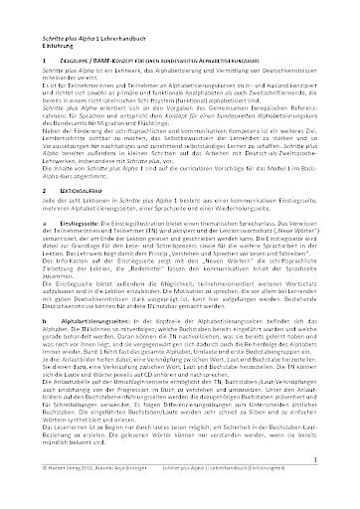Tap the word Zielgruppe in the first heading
tap(62, 60)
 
